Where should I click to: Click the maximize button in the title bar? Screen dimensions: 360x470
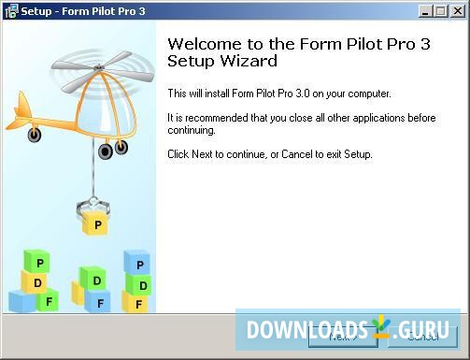[441, 11]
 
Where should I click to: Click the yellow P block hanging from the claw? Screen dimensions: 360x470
[97, 223]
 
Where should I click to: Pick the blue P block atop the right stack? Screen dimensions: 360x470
[136, 263]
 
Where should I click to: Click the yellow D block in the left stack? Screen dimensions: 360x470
[36, 281]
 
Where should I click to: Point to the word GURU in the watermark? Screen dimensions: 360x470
[427, 331]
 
